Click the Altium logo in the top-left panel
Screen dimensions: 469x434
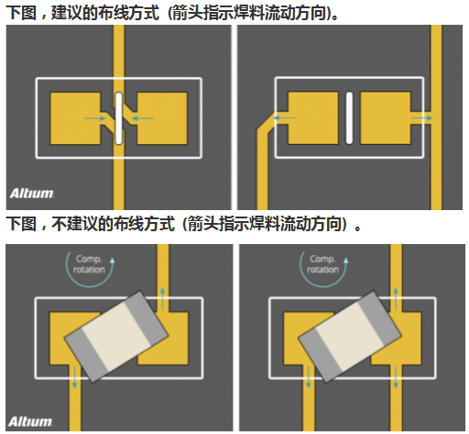tap(32, 194)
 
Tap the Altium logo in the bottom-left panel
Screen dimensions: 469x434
tap(31, 421)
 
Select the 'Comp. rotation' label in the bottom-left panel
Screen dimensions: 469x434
tap(89, 264)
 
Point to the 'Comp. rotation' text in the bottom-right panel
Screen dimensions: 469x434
tap(323, 264)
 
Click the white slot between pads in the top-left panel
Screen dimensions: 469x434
tap(119, 118)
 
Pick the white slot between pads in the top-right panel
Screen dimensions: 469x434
tap(349, 118)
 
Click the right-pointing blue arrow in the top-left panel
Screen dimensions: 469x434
tap(95, 118)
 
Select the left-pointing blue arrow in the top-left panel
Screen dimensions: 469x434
tap(142, 118)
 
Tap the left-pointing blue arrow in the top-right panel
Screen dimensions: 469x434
tap(284, 117)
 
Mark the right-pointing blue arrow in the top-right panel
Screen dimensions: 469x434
tap(422, 117)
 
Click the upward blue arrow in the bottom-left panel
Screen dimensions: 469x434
tap(163, 299)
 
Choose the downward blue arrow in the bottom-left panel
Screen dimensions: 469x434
tap(74, 377)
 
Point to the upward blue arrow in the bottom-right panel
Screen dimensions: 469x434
tap(396, 299)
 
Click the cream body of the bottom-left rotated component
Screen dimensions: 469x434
tap(117, 336)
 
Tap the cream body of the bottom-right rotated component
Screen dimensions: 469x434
tap(350, 336)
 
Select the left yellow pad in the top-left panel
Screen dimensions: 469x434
tap(75, 118)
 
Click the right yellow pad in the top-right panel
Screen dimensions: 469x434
tap(386, 118)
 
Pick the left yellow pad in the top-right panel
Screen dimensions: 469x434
tap(313, 118)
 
